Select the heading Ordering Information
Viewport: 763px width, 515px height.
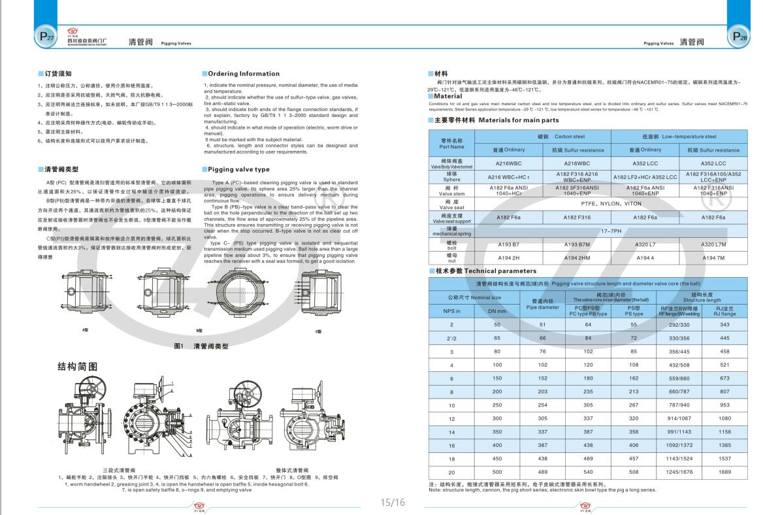242,74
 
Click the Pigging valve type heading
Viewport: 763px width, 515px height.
237,169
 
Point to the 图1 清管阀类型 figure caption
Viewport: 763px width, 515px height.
201,346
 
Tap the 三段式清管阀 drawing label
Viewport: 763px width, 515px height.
119,470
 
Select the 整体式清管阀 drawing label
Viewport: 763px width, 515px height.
292,470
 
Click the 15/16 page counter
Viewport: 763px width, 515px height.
393,503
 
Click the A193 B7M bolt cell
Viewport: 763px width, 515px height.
576,244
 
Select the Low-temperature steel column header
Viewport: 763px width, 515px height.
679,137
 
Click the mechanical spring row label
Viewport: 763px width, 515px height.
451,230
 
